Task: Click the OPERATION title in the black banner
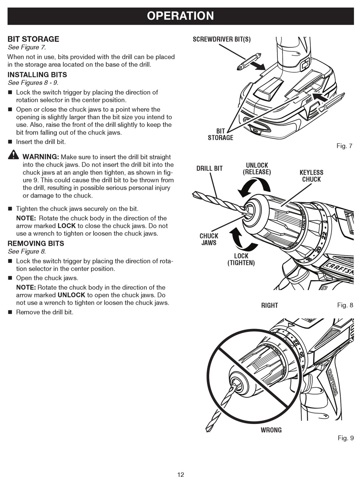coord(180,16)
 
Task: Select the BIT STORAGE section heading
coord(33,39)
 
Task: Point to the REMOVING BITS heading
coord(36,243)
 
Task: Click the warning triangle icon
coord(13,154)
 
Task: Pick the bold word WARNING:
coord(41,157)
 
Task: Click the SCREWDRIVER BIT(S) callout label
coord(222,39)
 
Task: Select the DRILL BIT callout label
coord(210,168)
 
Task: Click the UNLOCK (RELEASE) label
coord(257,169)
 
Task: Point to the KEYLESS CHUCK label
coord(311,176)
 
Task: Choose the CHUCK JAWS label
coord(209,239)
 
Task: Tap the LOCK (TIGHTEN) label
coord(241,259)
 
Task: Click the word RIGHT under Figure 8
coord(269,306)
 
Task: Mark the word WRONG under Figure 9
coord(271,430)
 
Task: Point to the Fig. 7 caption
coord(344,146)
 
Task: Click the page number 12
coord(180,474)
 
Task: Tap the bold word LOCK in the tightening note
coord(67,226)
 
